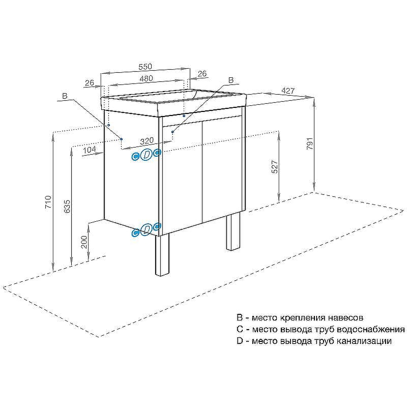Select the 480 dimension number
[147, 78]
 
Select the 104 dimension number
[89, 149]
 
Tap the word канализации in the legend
[364, 341]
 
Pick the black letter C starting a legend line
[240, 330]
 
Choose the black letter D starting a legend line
[240, 341]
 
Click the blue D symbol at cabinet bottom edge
[147, 229]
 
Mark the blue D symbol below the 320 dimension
[147, 155]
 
